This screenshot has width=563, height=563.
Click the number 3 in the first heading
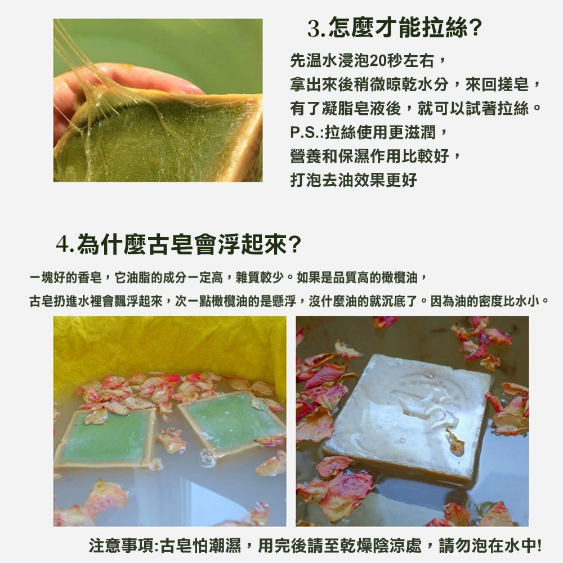click(314, 29)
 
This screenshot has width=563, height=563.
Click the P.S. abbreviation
click(306, 132)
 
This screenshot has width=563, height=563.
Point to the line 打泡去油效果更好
click(354, 180)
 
